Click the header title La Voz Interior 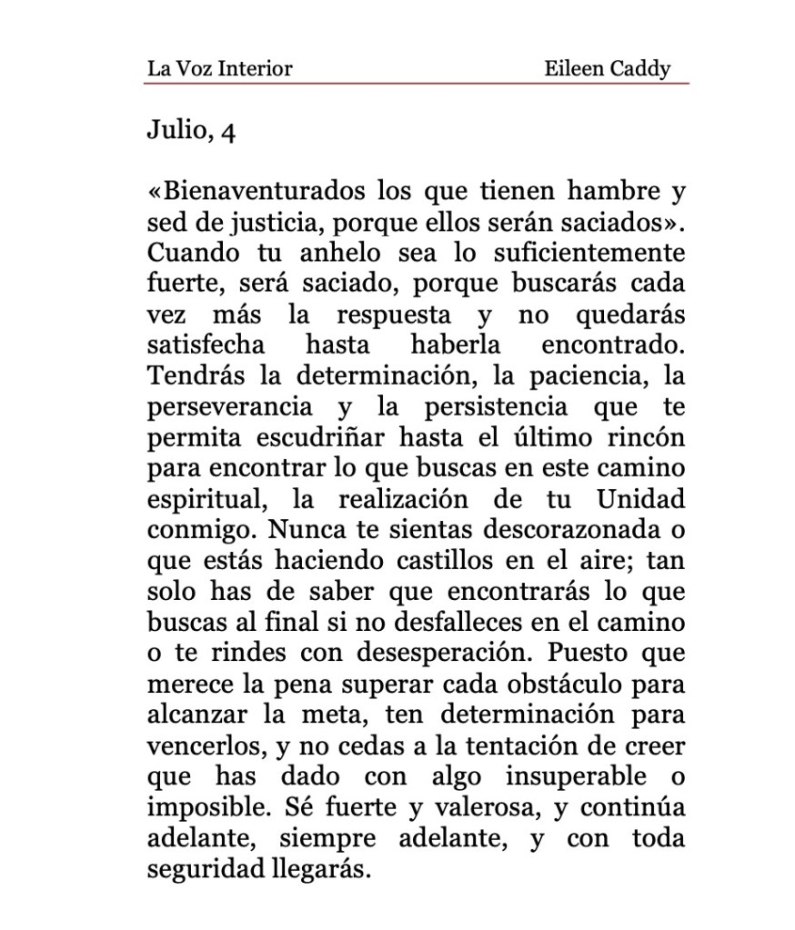(219, 68)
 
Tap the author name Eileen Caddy (607, 68)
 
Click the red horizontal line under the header (416, 84)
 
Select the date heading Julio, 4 (191, 132)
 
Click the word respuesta (393, 315)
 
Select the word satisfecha (206, 346)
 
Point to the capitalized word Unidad (640, 501)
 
